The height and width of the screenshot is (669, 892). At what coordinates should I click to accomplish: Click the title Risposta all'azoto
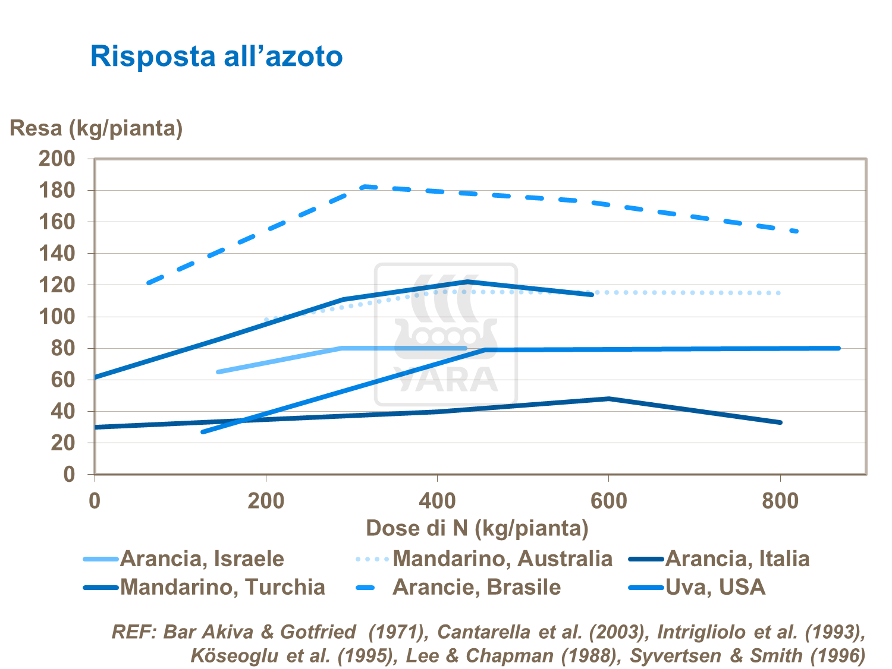216,56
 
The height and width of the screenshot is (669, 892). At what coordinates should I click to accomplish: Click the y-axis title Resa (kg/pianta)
96,128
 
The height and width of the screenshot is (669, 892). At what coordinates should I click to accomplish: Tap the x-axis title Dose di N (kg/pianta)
477,528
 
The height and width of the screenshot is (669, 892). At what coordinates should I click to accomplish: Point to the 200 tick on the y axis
57,159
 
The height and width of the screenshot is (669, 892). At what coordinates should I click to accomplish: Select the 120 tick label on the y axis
57,285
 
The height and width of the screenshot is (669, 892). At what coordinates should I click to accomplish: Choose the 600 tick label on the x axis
608,501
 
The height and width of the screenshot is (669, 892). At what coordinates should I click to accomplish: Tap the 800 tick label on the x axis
780,501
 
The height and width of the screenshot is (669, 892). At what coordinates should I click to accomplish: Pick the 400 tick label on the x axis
437,501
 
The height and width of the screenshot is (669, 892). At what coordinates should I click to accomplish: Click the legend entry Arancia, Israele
202,558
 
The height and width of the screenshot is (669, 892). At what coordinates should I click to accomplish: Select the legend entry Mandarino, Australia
502,558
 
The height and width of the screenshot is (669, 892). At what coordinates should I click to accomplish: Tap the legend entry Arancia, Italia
737,558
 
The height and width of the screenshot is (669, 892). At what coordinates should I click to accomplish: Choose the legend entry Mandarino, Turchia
222,587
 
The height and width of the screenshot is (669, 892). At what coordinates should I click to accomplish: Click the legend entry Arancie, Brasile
476,587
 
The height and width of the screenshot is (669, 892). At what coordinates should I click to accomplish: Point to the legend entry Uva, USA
715,587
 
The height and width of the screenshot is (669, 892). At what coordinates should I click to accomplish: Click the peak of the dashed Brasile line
364,187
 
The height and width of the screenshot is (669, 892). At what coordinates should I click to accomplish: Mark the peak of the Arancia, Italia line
609,399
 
